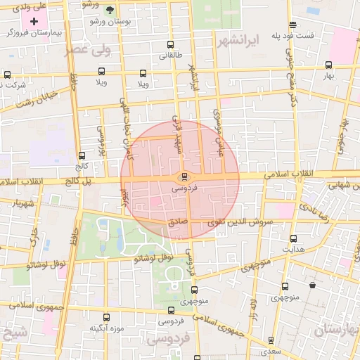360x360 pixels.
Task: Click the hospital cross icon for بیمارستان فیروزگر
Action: pos(34,22)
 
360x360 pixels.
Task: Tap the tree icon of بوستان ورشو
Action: pos(110,11)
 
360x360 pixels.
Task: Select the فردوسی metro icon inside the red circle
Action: pos(184,176)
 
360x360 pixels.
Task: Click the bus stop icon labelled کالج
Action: pos(82,155)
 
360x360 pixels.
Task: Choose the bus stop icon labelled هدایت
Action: pos(293,238)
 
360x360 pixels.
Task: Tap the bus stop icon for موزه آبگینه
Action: pos(106,318)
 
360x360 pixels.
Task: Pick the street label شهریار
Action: pos(21,204)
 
